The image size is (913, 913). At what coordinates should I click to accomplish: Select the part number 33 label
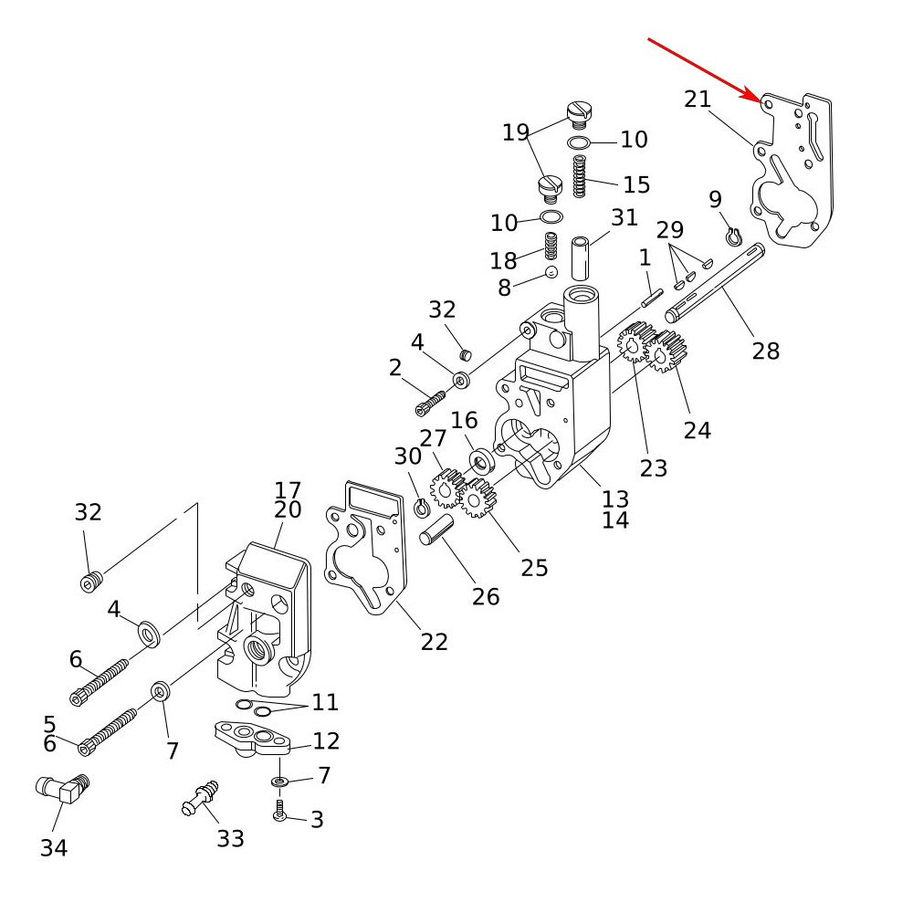click(230, 837)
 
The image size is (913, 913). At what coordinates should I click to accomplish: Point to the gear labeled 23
click(634, 342)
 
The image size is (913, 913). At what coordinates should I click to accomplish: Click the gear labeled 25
click(476, 498)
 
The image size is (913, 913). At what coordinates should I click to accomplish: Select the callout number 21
click(698, 99)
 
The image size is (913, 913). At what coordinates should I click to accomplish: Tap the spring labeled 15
click(578, 176)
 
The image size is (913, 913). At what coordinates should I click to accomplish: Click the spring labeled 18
click(551, 246)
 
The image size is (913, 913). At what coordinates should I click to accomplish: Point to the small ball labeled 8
click(551, 272)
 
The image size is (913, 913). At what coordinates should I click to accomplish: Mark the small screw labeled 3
click(280, 811)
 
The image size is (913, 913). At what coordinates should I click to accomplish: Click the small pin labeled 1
click(649, 297)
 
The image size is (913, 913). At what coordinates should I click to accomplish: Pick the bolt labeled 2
click(429, 400)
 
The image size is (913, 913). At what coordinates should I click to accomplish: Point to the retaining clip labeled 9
click(732, 237)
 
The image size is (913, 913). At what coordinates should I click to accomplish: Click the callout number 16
click(464, 420)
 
